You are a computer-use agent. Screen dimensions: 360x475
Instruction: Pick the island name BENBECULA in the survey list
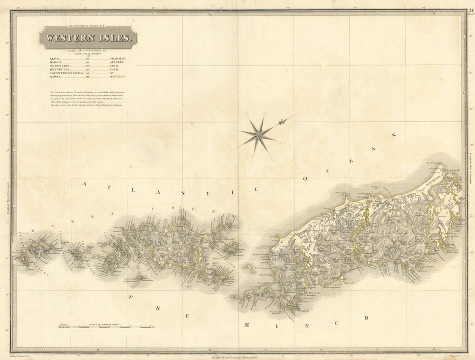point(60,69)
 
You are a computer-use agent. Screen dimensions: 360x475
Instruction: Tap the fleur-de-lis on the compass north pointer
point(282,122)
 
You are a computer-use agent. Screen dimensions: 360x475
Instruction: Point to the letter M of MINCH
point(246,324)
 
